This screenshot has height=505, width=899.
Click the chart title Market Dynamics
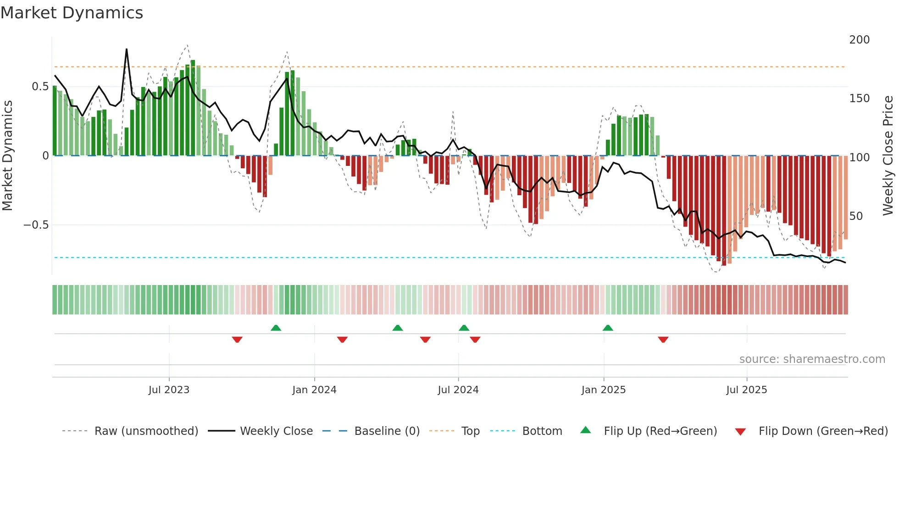coord(72,13)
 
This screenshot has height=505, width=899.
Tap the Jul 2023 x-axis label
coord(169,390)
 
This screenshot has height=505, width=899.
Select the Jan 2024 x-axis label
coord(314,390)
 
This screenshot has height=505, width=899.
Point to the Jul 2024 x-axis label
coord(458,390)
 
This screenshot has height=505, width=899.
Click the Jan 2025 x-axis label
coord(603,390)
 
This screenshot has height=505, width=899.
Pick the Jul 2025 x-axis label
coord(746,390)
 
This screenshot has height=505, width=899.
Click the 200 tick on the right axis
coord(859,40)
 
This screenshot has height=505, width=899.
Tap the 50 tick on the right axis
coord(856,216)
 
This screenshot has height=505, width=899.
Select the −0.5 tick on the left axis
coord(36,225)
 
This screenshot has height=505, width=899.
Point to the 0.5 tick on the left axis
coord(40,87)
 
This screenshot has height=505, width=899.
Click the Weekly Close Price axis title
coord(888,155)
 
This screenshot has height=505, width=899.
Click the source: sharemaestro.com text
coord(812,359)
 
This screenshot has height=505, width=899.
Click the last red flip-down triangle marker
coord(663,340)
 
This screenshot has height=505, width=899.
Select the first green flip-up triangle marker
coord(276,328)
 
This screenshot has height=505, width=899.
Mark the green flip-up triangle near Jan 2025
coord(608,328)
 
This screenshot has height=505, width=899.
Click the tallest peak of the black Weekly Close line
coord(127,49)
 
